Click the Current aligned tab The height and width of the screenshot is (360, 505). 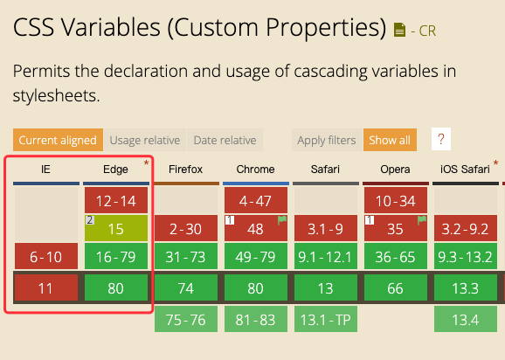pyautogui.click(x=58, y=140)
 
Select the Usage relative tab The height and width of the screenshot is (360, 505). pyautogui.click(x=145, y=140)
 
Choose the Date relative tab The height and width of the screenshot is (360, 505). pyautogui.click(x=225, y=140)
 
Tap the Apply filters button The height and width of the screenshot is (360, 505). pyautogui.click(x=327, y=140)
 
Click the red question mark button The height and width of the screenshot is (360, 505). pyautogui.click(x=441, y=139)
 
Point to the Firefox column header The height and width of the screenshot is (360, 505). pyautogui.click(x=186, y=170)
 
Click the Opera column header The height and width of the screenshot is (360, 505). pyautogui.click(x=395, y=170)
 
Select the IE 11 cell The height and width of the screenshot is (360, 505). pyautogui.click(x=46, y=287)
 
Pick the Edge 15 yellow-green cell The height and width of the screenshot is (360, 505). pyautogui.click(x=116, y=228)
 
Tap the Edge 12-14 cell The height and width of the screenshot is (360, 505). pyautogui.click(x=116, y=200)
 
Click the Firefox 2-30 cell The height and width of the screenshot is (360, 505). pyautogui.click(x=186, y=228)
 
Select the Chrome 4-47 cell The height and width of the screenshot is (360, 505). pyautogui.click(x=256, y=200)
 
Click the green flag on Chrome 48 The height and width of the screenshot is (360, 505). pyautogui.click(x=282, y=220)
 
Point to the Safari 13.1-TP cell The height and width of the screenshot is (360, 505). pyautogui.click(x=326, y=319)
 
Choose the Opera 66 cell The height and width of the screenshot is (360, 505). pyautogui.click(x=396, y=287)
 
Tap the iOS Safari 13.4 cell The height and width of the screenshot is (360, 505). pyautogui.click(x=466, y=319)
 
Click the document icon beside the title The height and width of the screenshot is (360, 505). pyautogui.click(x=399, y=30)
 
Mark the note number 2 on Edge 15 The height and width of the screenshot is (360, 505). pyautogui.click(x=90, y=220)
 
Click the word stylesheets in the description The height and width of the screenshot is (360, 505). pyautogui.click(x=57, y=95)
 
